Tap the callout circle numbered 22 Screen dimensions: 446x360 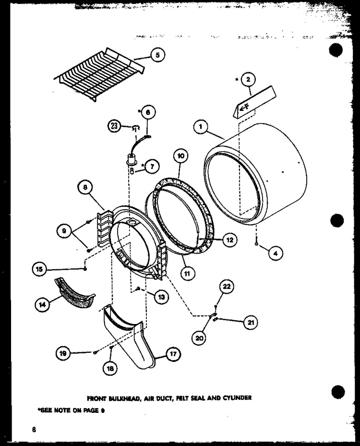point(227,287)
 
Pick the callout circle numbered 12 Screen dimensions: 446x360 point(229,239)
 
